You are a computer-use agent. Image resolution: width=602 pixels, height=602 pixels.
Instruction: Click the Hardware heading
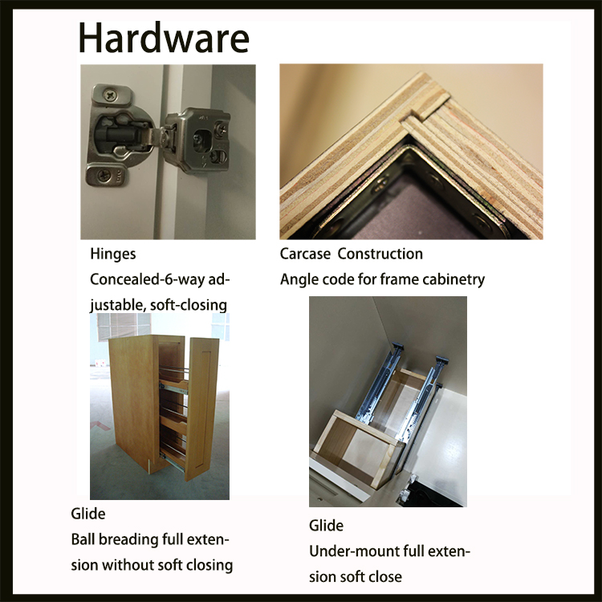pos(164,39)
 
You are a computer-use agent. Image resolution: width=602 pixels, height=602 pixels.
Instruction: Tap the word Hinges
pos(113,254)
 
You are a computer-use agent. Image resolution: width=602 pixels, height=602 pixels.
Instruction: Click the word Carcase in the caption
pos(305,254)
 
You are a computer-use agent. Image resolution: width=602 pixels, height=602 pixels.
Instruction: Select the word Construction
pos(380,254)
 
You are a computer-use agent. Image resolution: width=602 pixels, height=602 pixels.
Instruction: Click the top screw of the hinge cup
pos(111,94)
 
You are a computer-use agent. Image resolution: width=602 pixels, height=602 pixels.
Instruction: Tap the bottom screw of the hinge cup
pos(104,176)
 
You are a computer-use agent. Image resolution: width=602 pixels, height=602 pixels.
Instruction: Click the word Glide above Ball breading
pos(88,514)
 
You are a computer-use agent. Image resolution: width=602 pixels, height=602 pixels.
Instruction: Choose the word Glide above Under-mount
pos(326,526)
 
